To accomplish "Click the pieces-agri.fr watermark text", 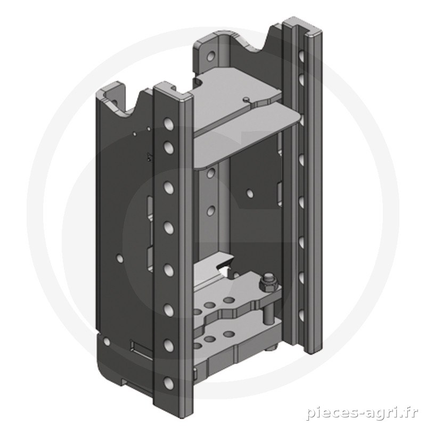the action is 362,414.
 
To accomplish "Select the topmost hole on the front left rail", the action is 169,124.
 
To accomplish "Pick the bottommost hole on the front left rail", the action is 169,382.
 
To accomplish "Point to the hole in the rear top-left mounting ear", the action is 210,56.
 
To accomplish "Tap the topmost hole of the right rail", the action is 301,55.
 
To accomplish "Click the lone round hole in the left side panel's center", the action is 119,258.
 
